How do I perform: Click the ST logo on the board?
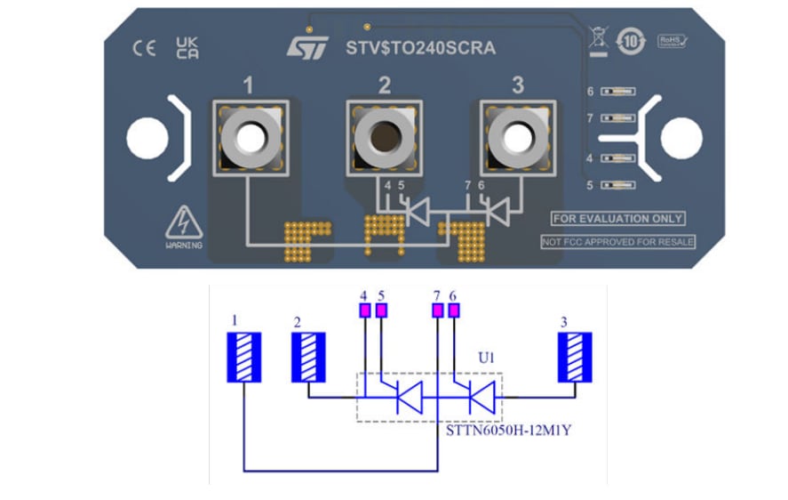click(307, 47)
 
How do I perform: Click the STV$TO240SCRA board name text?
click(420, 48)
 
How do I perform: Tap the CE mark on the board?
click(144, 49)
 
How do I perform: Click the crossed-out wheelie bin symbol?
click(596, 39)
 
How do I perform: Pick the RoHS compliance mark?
click(673, 41)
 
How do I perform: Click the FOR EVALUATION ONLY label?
click(617, 218)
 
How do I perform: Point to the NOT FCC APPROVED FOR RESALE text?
click(618, 241)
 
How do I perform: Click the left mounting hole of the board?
click(147, 138)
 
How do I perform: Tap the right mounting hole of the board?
click(681, 138)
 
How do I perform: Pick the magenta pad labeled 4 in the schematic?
click(364, 310)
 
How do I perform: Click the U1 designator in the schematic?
click(484, 358)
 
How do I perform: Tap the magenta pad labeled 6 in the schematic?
click(455, 310)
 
